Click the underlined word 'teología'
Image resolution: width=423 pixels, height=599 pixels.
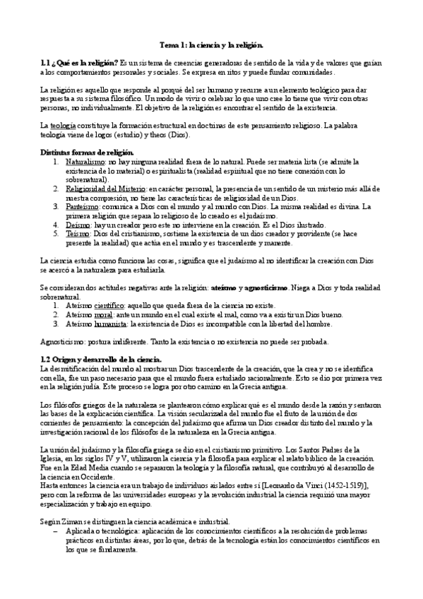coord(61,125)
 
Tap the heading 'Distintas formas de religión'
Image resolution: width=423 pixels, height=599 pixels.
coord(88,153)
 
